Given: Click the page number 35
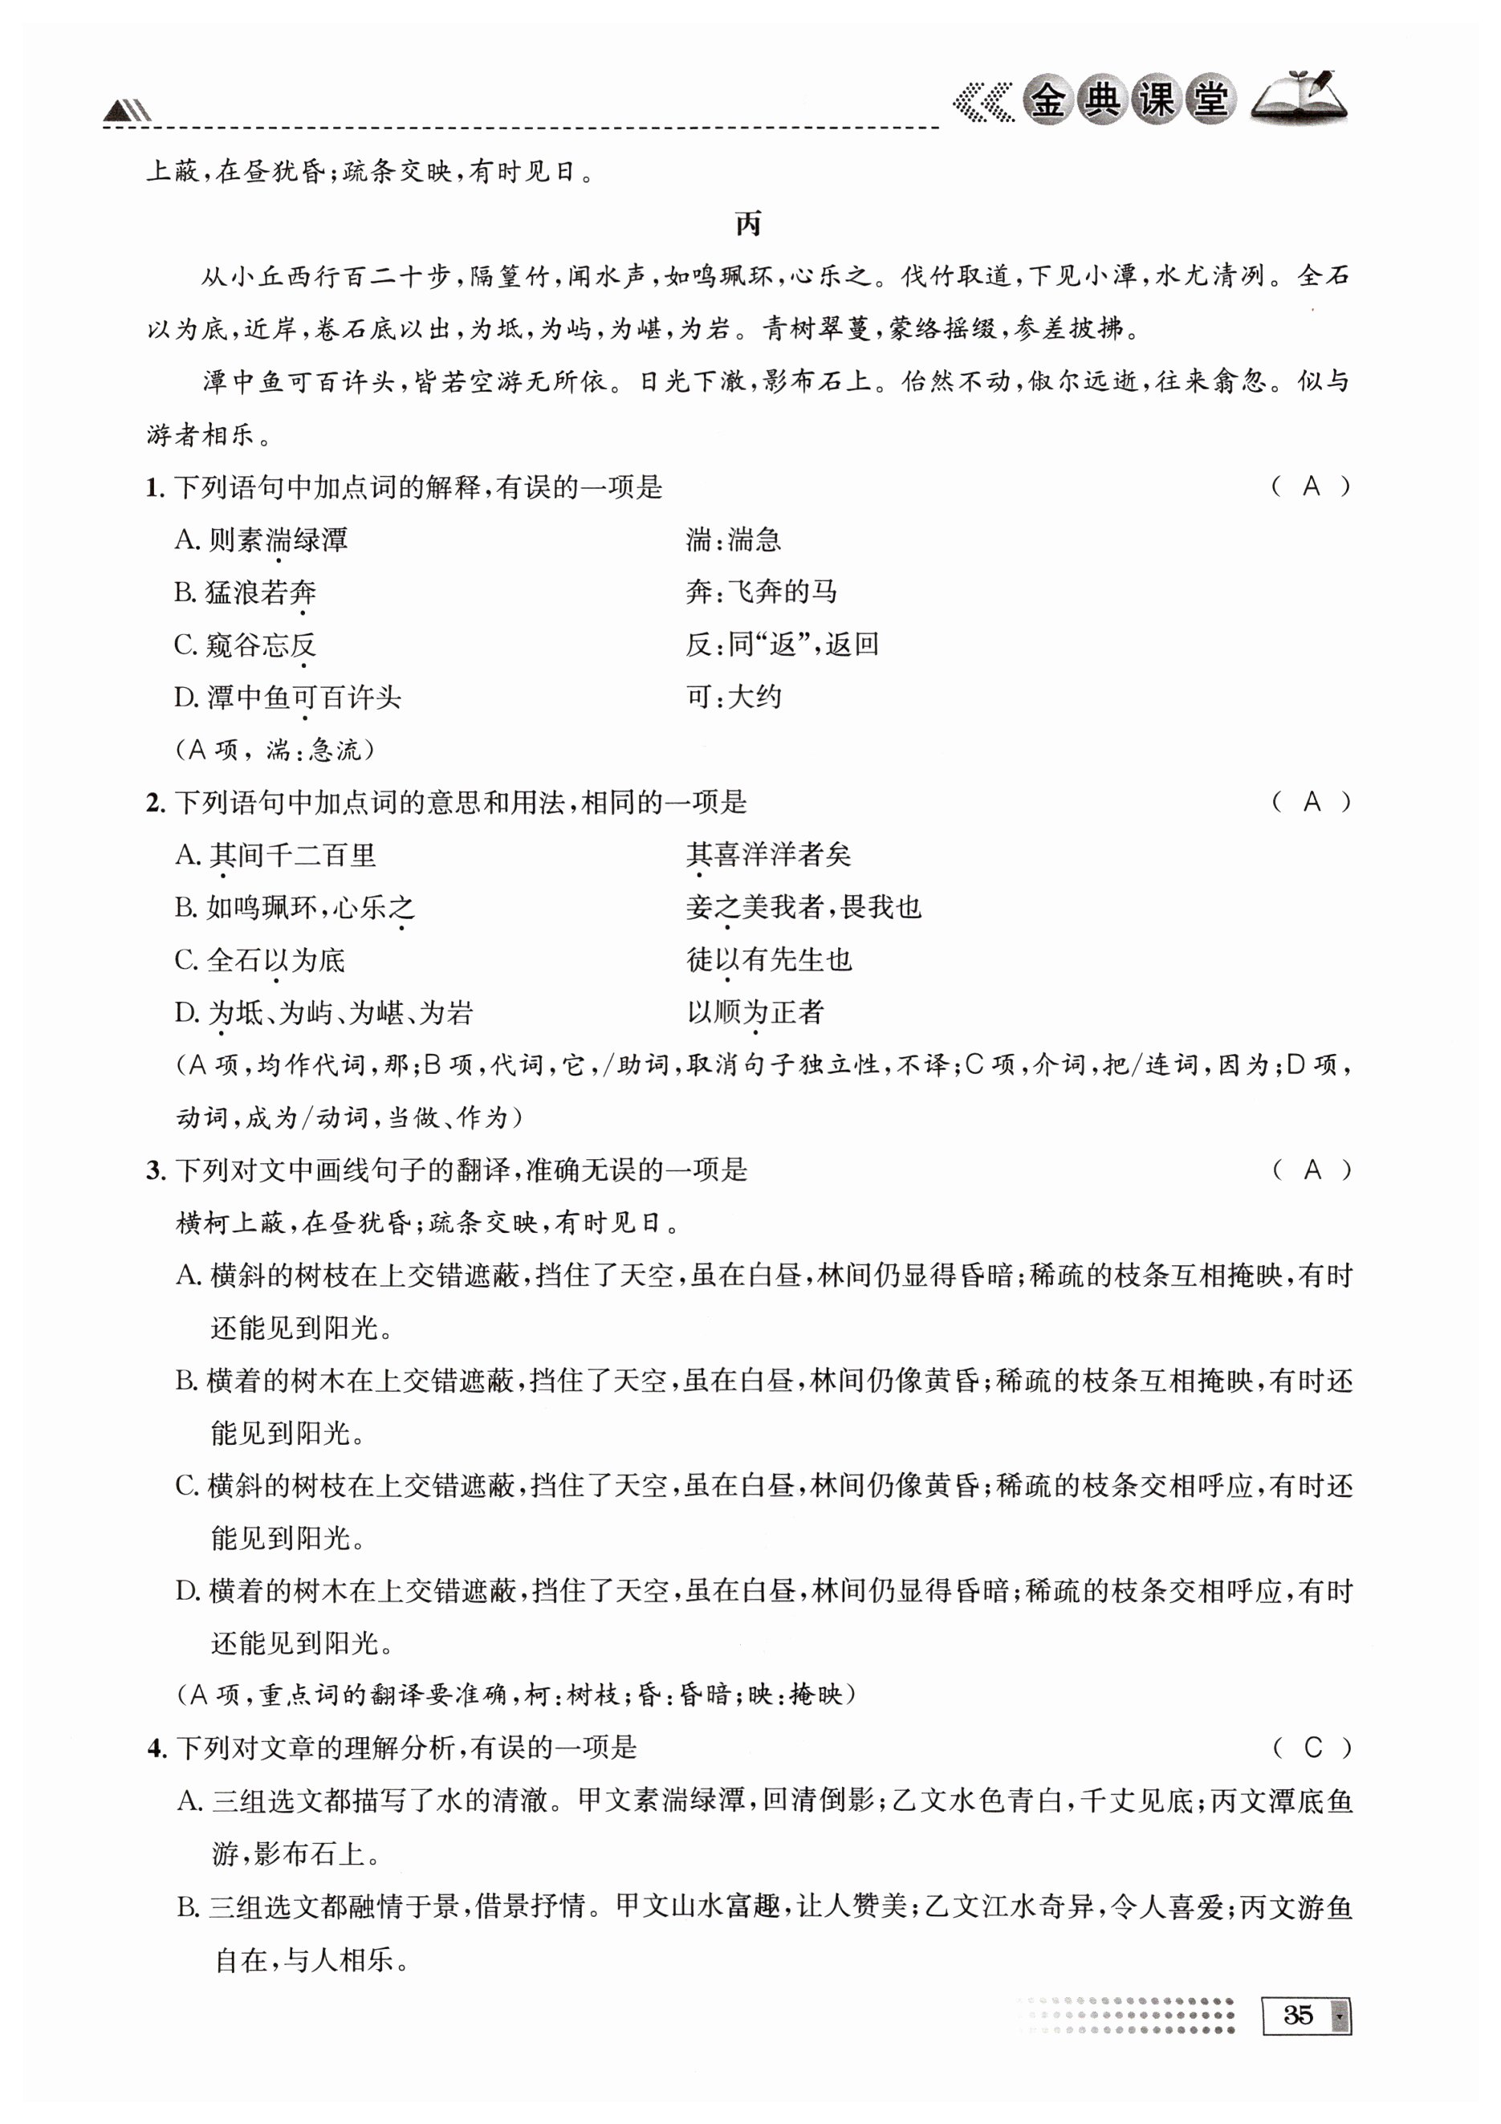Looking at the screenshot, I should click(x=1298, y=2015).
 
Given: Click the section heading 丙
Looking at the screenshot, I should click(x=748, y=224).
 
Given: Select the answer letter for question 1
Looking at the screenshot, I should click(x=1311, y=486).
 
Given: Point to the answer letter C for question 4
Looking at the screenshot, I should click(x=1312, y=1748).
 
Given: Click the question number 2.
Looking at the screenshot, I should click(x=154, y=803).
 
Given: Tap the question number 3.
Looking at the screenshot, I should click(x=154, y=1171).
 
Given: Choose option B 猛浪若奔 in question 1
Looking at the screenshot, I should click(x=246, y=592).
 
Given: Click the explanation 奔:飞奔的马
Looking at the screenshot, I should click(x=761, y=592).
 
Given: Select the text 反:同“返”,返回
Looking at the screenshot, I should click(x=782, y=645).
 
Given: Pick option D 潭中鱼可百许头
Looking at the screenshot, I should click(x=287, y=698).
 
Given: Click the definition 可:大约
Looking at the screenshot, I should click(x=734, y=698).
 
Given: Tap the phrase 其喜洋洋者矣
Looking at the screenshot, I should click(x=768, y=855).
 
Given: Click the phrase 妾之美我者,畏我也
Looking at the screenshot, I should click(x=803, y=908).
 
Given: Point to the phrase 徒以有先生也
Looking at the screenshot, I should click(x=768, y=960).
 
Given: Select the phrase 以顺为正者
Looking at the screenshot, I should click(x=755, y=1013).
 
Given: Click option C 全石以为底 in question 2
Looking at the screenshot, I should click(x=260, y=960).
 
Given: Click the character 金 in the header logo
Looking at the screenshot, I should click(x=1047, y=99).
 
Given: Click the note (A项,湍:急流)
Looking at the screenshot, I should click(x=275, y=749).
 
